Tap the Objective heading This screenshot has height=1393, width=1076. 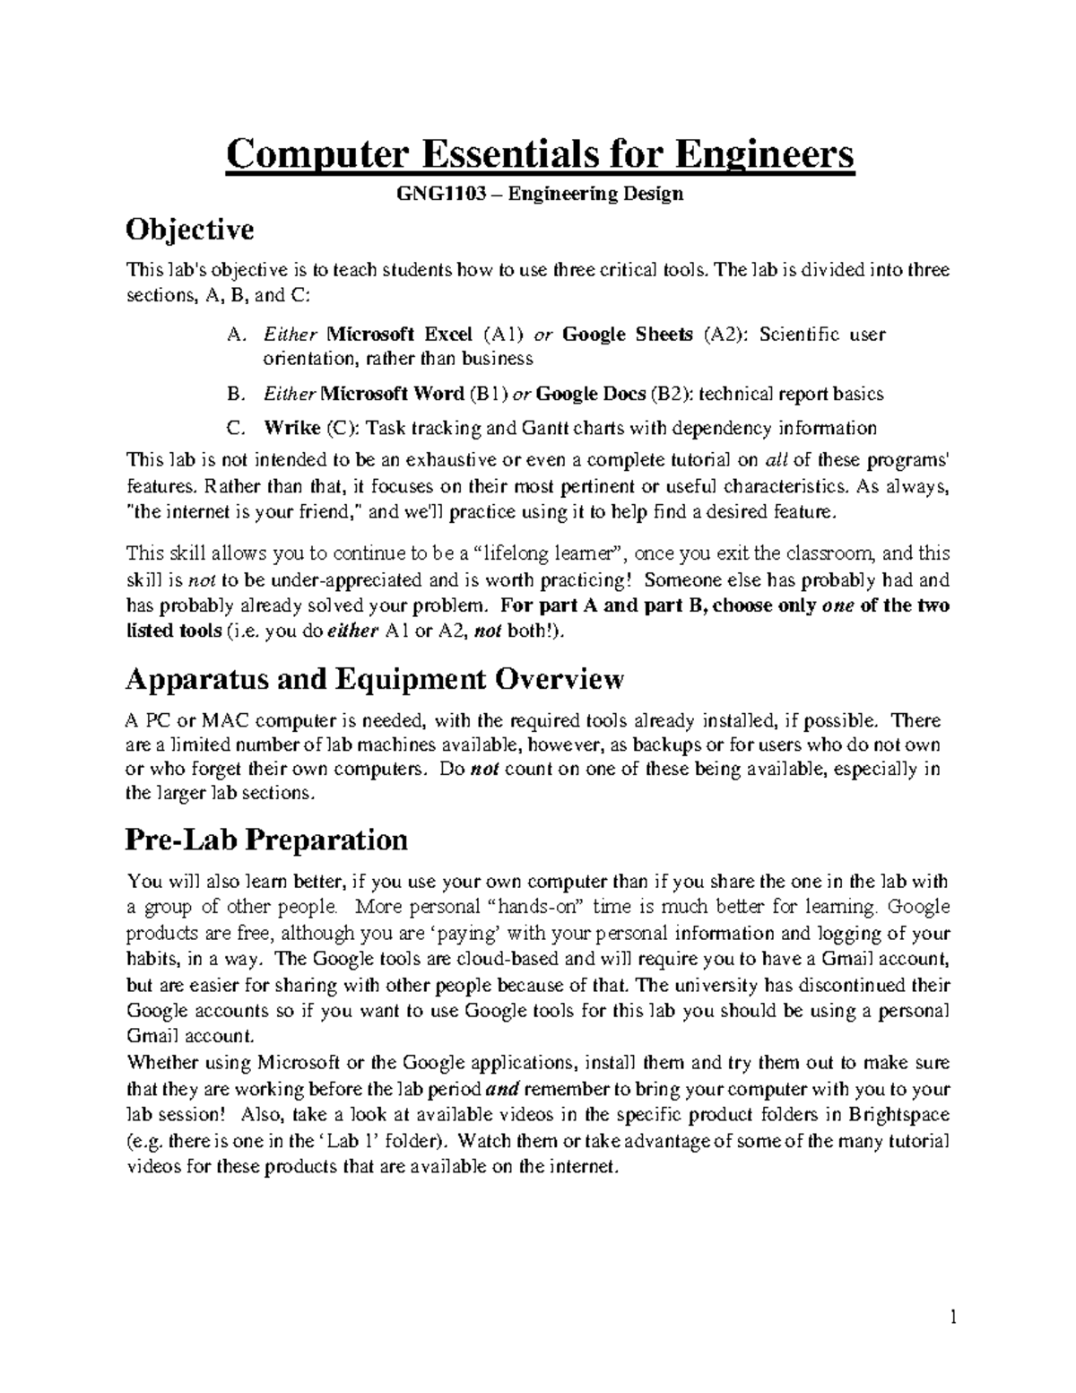pyautogui.click(x=190, y=231)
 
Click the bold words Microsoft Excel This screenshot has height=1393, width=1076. pyautogui.click(x=400, y=335)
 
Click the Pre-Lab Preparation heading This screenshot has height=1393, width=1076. pyautogui.click(x=267, y=840)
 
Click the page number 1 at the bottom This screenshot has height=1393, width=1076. pyautogui.click(x=954, y=1318)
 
